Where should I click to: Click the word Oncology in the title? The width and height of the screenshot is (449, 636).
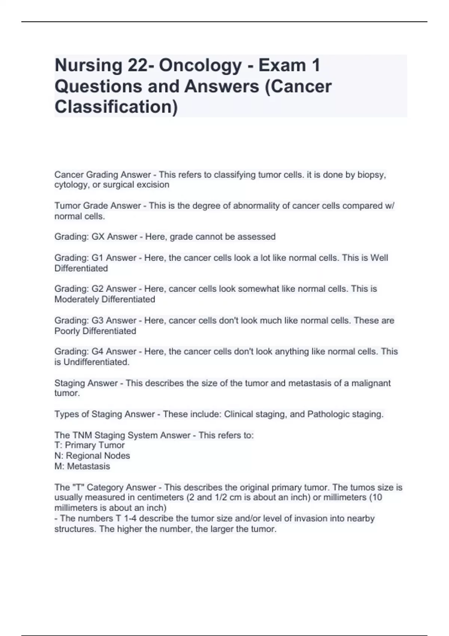pyautogui.click(x=200, y=65)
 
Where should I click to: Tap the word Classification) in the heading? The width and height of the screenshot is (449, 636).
pyautogui.click(x=116, y=107)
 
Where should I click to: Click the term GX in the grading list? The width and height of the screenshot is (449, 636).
pyautogui.click(x=98, y=237)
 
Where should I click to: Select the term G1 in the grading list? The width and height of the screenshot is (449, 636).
pyautogui.click(x=98, y=258)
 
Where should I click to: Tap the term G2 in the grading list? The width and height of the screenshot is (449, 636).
pyautogui.click(x=98, y=289)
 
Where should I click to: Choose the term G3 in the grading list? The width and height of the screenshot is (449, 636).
pyautogui.click(x=98, y=321)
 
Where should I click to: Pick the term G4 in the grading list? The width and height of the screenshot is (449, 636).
pyautogui.click(x=98, y=352)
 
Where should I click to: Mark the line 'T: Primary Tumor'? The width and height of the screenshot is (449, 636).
pyautogui.click(x=89, y=445)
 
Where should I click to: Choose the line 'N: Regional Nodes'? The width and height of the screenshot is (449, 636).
pyautogui.click(x=92, y=456)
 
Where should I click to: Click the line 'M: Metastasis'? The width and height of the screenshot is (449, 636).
pyautogui.click(x=82, y=467)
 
